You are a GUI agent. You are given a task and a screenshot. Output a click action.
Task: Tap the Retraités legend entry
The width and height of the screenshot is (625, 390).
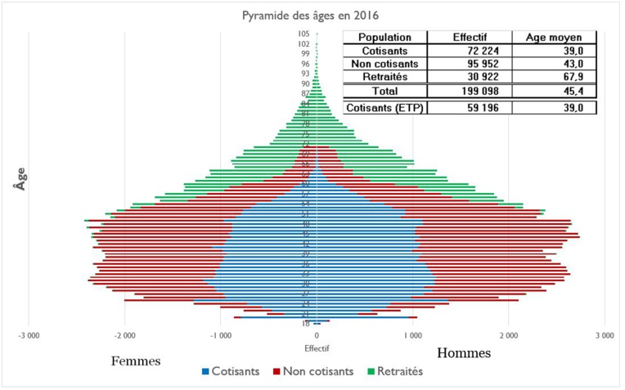[x=396, y=370]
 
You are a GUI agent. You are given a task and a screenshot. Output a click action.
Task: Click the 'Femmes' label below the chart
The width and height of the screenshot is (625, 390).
[x=136, y=361]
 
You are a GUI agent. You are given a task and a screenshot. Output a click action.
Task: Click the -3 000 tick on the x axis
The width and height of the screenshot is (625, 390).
[x=29, y=336]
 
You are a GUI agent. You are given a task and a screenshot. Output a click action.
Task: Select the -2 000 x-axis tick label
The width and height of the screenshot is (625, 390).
[x=124, y=336]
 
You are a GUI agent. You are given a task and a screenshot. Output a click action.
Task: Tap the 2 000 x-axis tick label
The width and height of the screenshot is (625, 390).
[x=508, y=336]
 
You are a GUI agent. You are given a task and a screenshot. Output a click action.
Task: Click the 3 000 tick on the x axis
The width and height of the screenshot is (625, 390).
[x=604, y=336]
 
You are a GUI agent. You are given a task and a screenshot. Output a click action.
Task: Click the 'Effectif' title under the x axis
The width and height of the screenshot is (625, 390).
[x=316, y=347]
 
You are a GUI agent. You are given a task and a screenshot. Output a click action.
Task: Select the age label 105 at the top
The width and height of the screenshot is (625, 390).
[x=304, y=34]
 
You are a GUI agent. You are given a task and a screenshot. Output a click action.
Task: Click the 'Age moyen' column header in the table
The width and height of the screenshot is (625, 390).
[x=554, y=38]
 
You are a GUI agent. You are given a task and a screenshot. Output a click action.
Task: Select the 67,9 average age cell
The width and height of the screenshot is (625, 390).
[x=554, y=76]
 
